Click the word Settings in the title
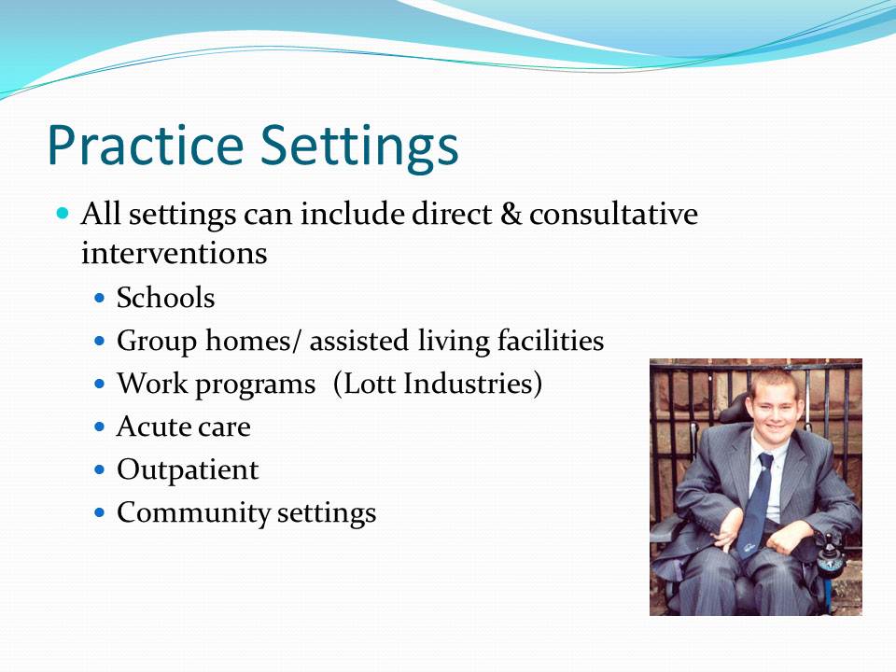point(359,147)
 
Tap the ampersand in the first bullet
point(511,215)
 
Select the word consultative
point(614,214)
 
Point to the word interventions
point(175,253)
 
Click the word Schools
point(166,298)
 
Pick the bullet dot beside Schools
point(100,298)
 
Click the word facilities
point(551,341)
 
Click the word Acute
point(152,427)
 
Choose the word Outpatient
point(188,470)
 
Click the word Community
point(193,513)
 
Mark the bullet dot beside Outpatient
point(100,469)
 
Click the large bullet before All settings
point(63,214)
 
